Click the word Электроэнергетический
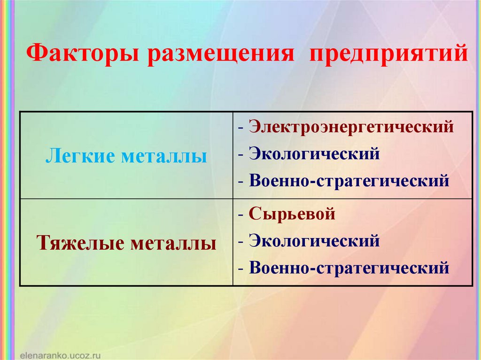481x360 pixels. pyautogui.click(x=351, y=127)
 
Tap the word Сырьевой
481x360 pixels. pyautogui.click(x=292, y=214)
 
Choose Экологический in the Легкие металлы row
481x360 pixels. pyautogui.click(x=314, y=154)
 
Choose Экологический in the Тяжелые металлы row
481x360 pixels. pyautogui.click(x=314, y=241)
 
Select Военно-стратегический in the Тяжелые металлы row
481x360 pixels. pyautogui.click(x=349, y=268)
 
